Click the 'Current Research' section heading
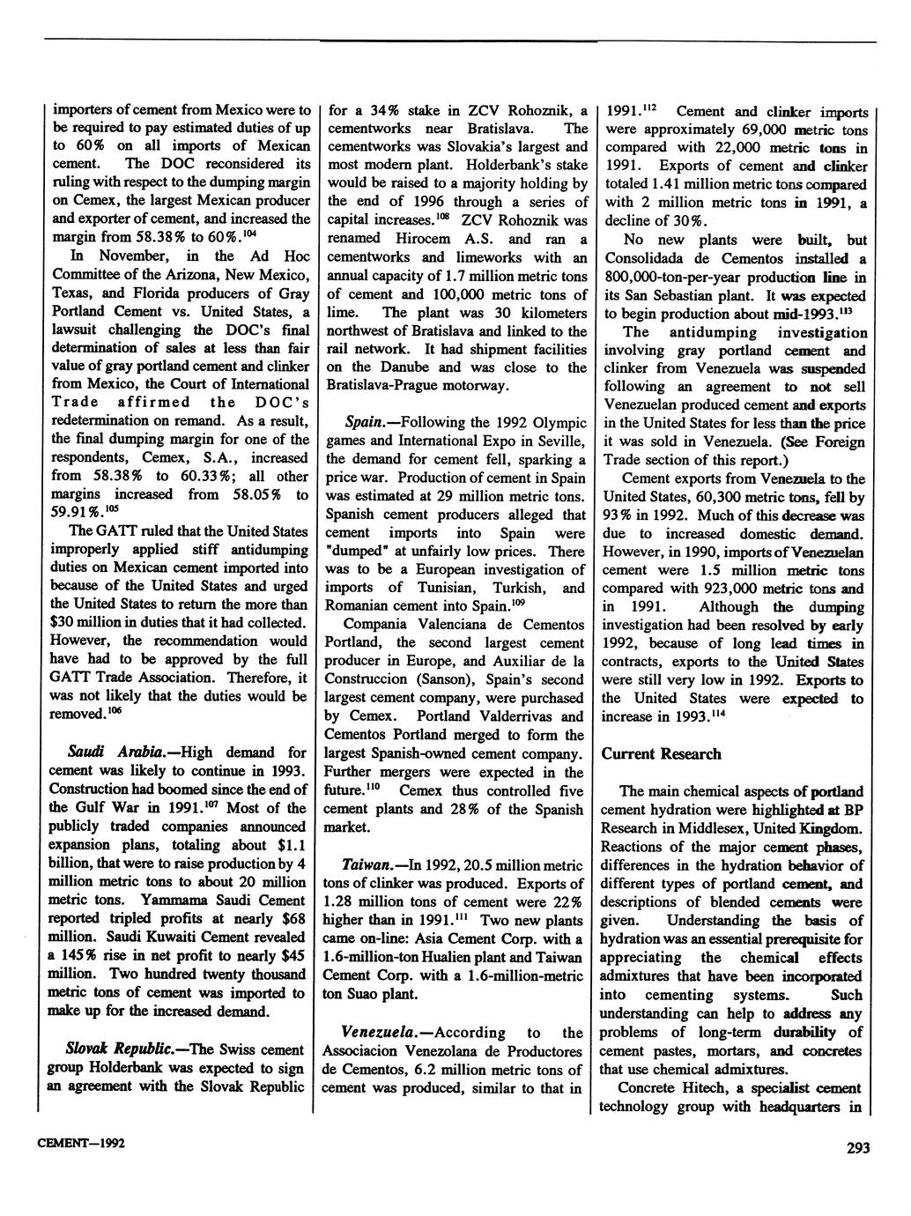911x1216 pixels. tap(661, 753)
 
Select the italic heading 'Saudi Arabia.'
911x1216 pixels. tap(100, 753)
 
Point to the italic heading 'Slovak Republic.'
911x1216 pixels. tap(122, 1049)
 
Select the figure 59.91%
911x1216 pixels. tap(75, 513)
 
